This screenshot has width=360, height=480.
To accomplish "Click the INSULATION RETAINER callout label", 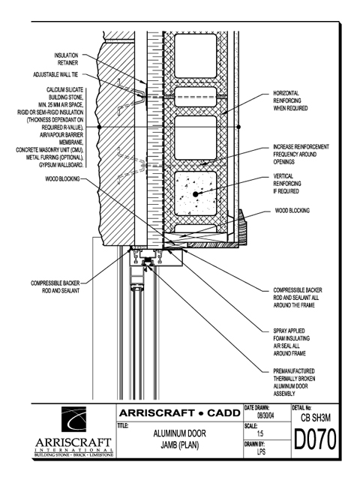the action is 66,59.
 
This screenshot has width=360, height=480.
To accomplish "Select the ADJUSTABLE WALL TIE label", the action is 55,74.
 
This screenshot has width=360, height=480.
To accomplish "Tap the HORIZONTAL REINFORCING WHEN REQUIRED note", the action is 290,100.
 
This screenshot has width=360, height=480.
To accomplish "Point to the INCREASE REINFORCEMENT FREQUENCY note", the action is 301,154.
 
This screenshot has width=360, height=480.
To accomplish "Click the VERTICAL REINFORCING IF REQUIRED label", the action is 286,184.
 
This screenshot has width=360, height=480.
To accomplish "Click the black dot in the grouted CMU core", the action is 195,193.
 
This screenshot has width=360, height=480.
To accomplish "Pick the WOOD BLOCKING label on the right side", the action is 292,211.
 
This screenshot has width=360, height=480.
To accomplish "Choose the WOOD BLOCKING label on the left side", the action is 62,178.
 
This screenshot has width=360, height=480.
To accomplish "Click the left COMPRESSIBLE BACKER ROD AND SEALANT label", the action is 55,286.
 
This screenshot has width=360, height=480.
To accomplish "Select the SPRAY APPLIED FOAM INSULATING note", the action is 291,342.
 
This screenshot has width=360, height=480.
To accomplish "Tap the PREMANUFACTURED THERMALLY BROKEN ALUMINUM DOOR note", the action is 294,382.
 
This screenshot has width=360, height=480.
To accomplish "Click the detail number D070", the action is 315,439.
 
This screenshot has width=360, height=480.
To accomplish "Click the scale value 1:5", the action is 260,433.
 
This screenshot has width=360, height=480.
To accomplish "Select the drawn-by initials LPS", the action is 261,451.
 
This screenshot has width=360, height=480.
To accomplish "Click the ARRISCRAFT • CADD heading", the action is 180,413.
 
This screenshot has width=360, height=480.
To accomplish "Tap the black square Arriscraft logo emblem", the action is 73,419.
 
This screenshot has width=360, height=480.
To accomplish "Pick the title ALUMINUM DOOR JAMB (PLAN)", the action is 180,439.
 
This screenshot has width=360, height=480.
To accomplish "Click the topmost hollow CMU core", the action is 195,55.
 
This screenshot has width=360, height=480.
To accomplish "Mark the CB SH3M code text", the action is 316,418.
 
